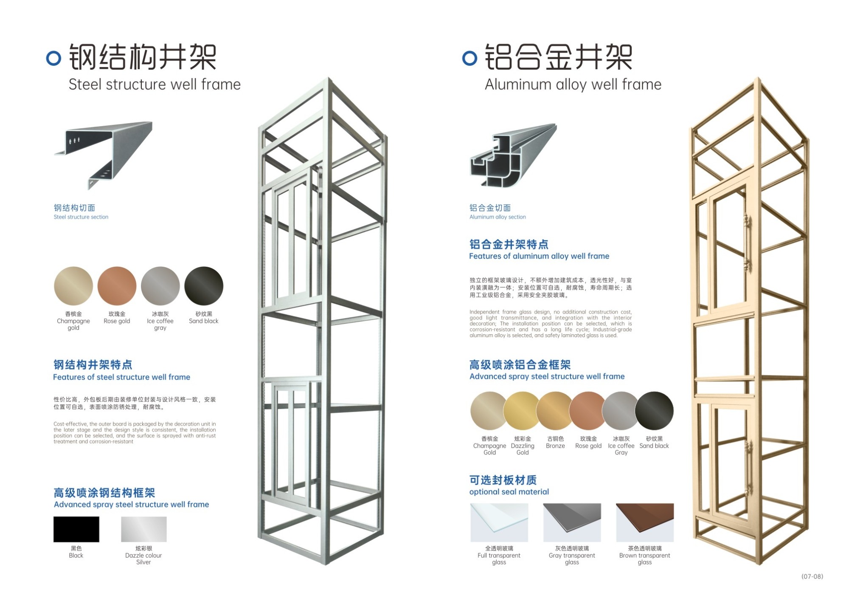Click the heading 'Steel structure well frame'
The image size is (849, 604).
pos(155,84)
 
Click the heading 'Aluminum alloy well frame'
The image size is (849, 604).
pos(573,84)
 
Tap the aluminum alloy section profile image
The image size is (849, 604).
pos(514,155)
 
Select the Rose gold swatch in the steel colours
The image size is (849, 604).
pos(117,286)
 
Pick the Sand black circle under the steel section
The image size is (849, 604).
pos(204,286)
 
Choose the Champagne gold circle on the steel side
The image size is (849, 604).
pos(73,286)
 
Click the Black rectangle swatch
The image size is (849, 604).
pos(76,529)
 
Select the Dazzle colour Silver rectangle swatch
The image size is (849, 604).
pos(144,529)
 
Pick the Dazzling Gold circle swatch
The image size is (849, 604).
pos(522,411)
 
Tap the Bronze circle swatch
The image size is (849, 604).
pos(555,411)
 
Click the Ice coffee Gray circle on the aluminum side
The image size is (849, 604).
pos(621,411)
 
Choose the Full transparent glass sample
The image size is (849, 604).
pos(499,522)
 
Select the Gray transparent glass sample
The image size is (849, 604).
pos(572,522)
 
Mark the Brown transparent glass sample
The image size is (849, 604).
pos(645,522)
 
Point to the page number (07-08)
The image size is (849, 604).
pos(812,576)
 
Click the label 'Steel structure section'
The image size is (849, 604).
pos(81,217)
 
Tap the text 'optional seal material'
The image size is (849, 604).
pos(509,492)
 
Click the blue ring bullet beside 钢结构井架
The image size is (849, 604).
pos(53,58)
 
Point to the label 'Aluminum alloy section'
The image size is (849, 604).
pos(498,217)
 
